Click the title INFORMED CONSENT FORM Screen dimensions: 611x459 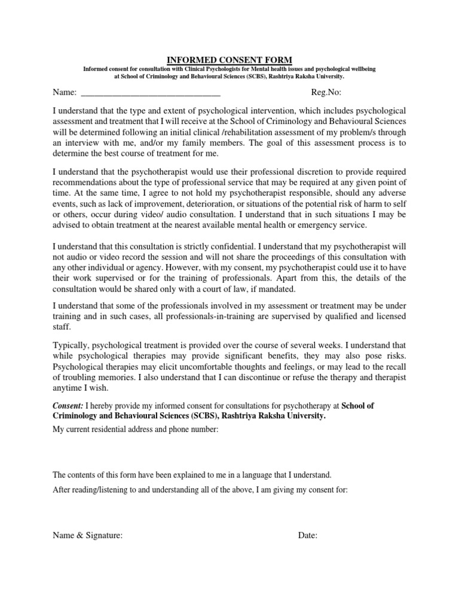click(x=229, y=60)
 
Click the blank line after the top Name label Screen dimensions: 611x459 click(x=150, y=93)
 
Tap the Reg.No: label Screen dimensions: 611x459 click(x=326, y=93)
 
